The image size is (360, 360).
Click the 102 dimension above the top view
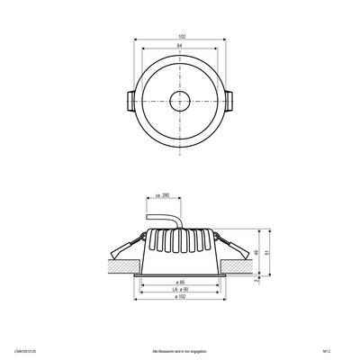click(181, 36)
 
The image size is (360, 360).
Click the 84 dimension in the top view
click(181, 47)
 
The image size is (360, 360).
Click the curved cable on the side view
click(163, 220)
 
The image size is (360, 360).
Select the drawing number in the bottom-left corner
click(27, 344)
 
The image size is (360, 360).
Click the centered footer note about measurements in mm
click(180, 344)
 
